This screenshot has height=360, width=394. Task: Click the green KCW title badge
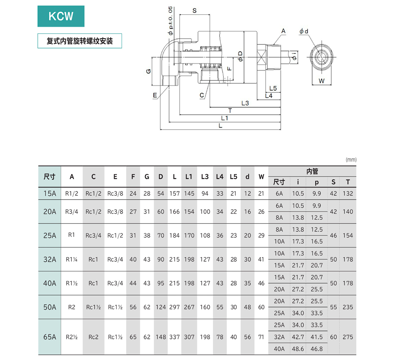click(x=61, y=17)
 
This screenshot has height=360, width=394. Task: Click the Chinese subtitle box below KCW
click(x=80, y=42)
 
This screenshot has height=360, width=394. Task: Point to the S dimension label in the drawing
click(x=194, y=11)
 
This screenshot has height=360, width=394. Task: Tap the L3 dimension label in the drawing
click(x=245, y=103)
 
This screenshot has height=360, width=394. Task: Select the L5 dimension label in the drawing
click(x=273, y=88)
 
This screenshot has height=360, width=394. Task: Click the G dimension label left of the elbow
click(x=149, y=71)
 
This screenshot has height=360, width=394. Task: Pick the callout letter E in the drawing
click(x=155, y=96)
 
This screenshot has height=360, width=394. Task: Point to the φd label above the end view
click(x=303, y=31)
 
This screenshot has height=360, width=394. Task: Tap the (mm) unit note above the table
click(x=351, y=160)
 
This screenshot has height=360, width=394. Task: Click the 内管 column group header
click(x=312, y=172)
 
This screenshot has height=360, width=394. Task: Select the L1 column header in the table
click(x=189, y=177)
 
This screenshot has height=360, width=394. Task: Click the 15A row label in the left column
click(x=50, y=194)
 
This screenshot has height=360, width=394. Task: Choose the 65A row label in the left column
click(x=50, y=337)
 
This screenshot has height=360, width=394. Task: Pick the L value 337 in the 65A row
click(x=175, y=337)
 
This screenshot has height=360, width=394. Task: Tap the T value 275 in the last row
click(x=348, y=337)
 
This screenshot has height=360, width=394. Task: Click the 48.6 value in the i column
click(x=298, y=349)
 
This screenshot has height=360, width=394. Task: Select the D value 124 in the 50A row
click(x=161, y=307)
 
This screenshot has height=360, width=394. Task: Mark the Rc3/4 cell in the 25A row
click(x=93, y=235)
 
